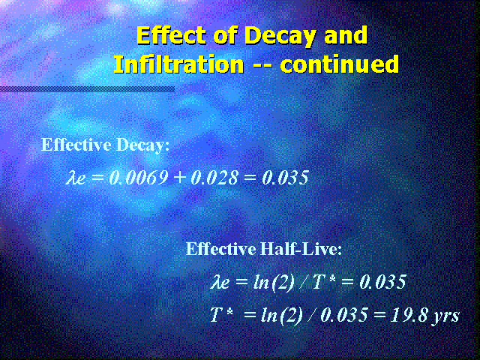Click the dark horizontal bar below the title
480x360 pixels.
[x=87, y=89]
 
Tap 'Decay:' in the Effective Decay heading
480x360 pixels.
[x=143, y=145]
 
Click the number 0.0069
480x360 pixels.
[x=138, y=178]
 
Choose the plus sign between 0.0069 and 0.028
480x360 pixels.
[x=179, y=178]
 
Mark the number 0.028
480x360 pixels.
[x=214, y=178]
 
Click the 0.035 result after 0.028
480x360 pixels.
[x=285, y=178]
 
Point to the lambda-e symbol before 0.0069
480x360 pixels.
[x=75, y=178]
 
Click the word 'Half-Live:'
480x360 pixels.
[x=301, y=248]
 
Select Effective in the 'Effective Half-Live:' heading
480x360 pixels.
[x=221, y=248]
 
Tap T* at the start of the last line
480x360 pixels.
[x=221, y=315]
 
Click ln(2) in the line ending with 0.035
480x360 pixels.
[x=274, y=283]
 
